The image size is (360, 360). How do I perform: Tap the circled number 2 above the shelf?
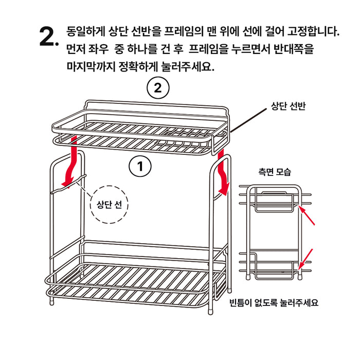pos(158,88)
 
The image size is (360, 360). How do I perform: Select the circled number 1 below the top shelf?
pos(139,166)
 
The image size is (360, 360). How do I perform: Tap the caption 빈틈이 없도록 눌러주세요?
pos(274,302)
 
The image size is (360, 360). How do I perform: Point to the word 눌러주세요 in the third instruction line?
pos(188,67)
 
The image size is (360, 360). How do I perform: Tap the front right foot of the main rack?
pos(211,311)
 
